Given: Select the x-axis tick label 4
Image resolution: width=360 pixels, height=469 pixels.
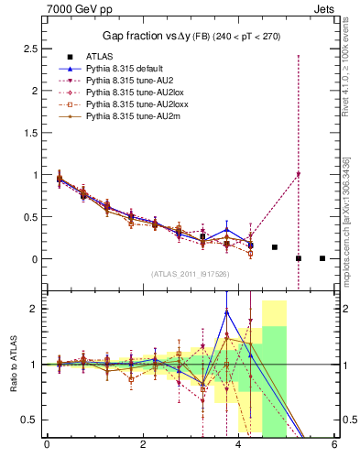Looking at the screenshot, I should point(239,445).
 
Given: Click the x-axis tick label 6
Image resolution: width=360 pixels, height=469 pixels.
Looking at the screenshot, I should point(334,445).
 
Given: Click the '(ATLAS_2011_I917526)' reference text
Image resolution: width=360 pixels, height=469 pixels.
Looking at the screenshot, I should point(191,274).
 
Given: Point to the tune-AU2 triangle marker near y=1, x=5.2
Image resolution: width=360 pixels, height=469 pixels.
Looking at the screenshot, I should point(299,174).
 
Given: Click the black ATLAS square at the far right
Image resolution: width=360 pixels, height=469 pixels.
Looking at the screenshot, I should point(322,258).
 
